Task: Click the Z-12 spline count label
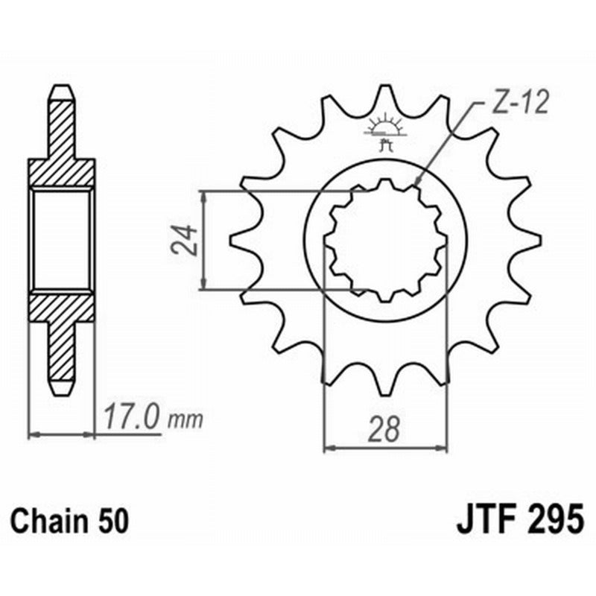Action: click(x=519, y=102)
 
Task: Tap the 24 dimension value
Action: click(x=186, y=240)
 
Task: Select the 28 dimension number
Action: click(x=384, y=430)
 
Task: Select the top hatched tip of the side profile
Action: click(x=62, y=119)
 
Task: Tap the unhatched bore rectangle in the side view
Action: click(x=62, y=240)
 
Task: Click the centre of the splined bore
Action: click(x=385, y=241)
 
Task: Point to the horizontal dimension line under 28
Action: click(x=384, y=448)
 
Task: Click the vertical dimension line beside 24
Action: click(x=203, y=240)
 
